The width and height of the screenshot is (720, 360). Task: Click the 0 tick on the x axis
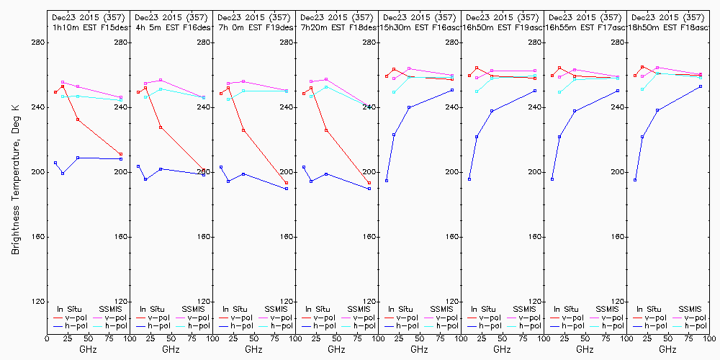[47, 338]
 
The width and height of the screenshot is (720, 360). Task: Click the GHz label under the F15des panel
[88, 349]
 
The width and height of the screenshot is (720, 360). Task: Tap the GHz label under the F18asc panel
[667, 349]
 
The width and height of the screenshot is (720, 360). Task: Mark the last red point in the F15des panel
[121, 154]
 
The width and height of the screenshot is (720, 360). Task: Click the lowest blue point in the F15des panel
[63, 174]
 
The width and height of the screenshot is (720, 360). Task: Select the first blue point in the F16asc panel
[387, 181]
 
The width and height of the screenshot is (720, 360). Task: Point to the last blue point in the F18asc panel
[701, 86]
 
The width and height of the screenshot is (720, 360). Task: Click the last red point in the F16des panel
[204, 171]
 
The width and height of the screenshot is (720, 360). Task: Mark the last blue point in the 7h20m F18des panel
[369, 189]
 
